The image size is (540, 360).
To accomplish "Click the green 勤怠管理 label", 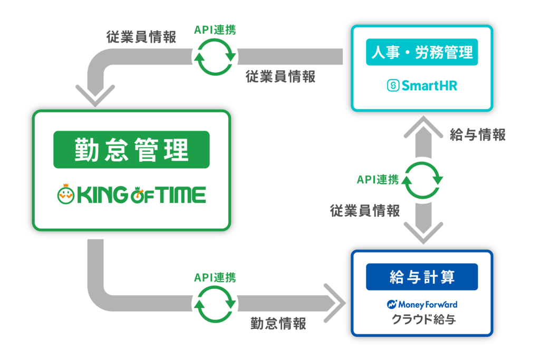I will coord(131,150).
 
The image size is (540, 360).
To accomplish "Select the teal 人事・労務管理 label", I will coord(422,53).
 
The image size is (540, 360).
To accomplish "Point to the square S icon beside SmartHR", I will coord(393,85).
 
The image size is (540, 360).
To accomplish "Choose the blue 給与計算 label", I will coord(422,277).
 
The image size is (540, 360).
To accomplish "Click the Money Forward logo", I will coord(422,304).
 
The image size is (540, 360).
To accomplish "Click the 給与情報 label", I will coord(478,135).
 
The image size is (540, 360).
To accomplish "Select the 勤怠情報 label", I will coord(278,324).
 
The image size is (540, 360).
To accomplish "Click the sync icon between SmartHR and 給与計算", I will coord(422,180).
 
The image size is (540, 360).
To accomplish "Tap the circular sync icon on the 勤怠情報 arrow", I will coord(215,304).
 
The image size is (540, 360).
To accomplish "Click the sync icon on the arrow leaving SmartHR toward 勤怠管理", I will coord(215,56).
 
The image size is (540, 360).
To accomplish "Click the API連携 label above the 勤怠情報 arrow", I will coord(215,277).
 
